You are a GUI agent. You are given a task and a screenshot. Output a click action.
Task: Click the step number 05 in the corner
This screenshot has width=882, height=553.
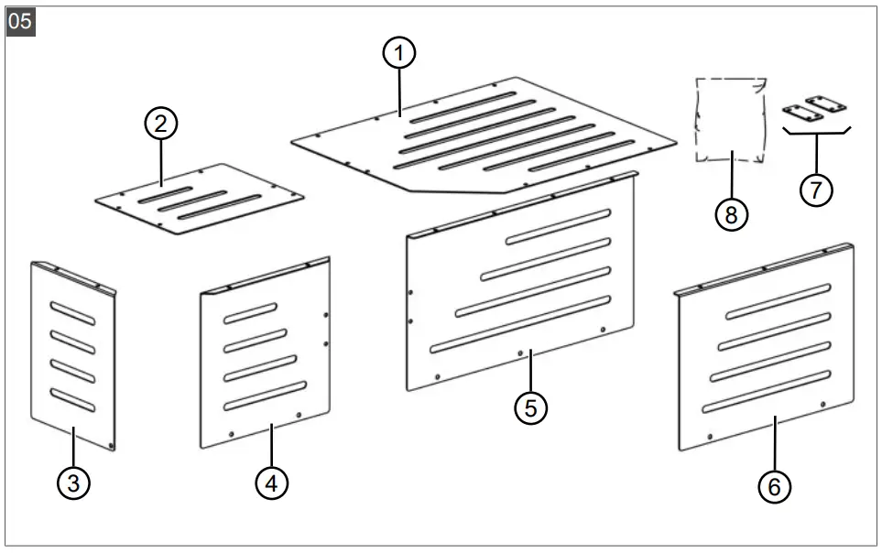[20, 21]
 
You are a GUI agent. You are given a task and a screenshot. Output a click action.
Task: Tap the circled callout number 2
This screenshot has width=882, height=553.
[161, 124]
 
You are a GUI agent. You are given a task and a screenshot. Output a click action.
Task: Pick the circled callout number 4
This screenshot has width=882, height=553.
[271, 483]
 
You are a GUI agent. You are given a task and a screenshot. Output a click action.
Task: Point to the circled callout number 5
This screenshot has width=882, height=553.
[530, 407]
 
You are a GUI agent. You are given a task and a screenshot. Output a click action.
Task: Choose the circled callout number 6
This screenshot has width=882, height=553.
[775, 486]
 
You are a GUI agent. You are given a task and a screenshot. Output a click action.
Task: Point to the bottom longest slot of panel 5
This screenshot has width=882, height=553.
[519, 321]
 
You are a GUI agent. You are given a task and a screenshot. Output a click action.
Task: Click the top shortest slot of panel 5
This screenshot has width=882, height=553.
[558, 226]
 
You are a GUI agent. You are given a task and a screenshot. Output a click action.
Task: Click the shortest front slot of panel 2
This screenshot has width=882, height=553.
[166, 195]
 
